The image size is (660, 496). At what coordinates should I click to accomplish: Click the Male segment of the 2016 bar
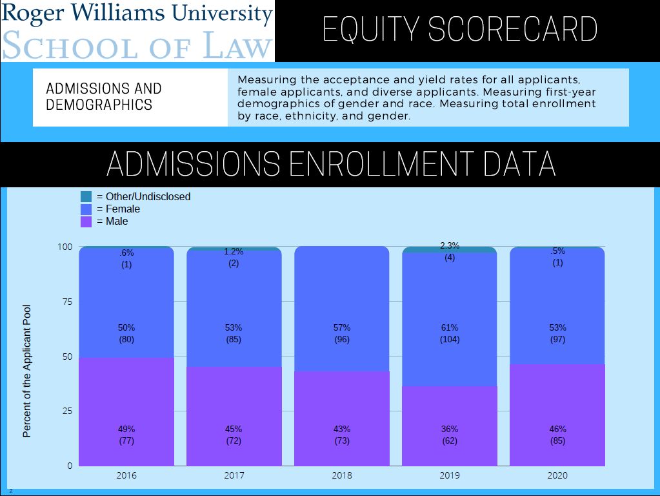(x=126, y=400)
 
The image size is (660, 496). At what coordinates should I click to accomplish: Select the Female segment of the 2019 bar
(x=450, y=304)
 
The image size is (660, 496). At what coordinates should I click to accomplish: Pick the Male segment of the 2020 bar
(x=557, y=400)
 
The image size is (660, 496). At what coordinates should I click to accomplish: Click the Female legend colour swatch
(x=86, y=209)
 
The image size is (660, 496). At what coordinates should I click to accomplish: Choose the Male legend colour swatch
(x=86, y=221)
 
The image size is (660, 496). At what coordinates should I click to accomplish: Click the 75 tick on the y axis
(x=66, y=302)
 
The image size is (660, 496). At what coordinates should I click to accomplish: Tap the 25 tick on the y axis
(x=66, y=411)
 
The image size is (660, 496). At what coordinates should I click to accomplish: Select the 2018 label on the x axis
(x=342, y=476)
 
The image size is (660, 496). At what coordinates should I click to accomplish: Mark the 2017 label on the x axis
(x=234, y=476)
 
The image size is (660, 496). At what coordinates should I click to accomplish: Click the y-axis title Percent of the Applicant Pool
(x=27, y=371)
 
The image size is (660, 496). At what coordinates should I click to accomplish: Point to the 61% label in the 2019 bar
(x=450, y=327)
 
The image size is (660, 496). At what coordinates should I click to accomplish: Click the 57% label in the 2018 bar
(x=342, y=327)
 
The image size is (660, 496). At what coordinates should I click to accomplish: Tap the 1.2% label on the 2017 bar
(x=234, y=252)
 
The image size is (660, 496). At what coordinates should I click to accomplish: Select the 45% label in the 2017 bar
(x=234, y=429)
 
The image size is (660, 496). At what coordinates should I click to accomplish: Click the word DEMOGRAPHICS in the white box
(x=99, y=104)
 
